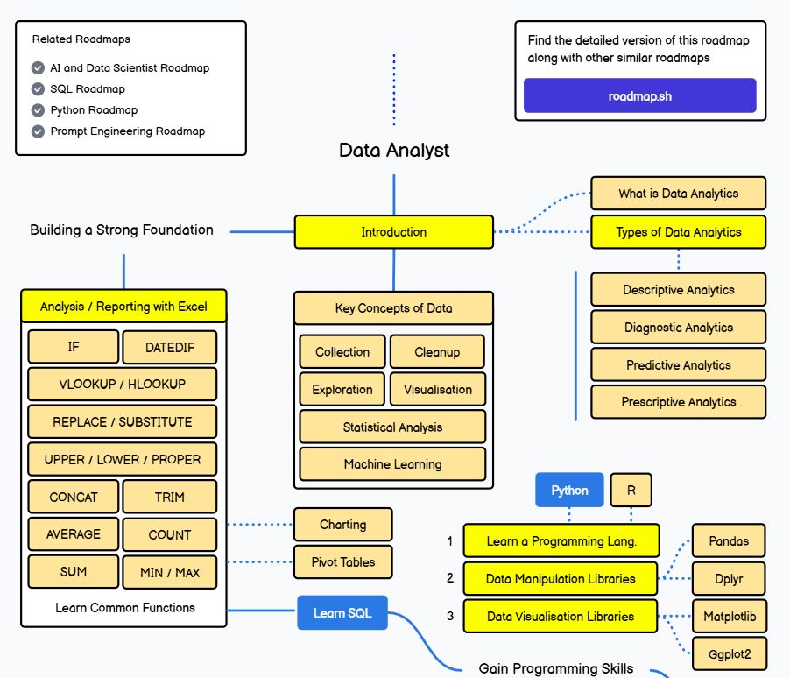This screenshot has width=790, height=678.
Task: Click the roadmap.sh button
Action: click(x=639, y=95)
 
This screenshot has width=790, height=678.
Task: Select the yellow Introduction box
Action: click(x=394, y=232)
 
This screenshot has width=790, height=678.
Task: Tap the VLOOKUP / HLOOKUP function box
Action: click(x=122, y=384)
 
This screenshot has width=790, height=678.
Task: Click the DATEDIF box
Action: click(x=169, y=347)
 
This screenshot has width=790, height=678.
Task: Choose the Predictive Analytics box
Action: click(x=678, y=364)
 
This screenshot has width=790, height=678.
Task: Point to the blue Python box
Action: click(x=569, y=490)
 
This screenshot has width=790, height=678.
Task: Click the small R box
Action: click(x=631, y=490)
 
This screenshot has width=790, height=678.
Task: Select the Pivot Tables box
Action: click(x=342, y=562)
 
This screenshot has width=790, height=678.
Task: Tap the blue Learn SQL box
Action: click(x=342, y=612)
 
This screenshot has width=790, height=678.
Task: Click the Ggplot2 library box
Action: click(x=729, y=653)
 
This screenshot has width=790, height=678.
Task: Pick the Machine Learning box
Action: click(x=392, y=464)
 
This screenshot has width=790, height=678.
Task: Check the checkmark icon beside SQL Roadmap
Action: click(x=38, y=89)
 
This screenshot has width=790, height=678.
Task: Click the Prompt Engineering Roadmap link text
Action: click(x=127, y=131)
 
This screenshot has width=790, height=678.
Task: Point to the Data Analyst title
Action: click(x=394, y=150)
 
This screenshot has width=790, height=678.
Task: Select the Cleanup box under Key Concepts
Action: click(x=436, y=351)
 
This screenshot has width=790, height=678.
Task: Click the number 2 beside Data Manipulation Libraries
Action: click(x=450, y=578)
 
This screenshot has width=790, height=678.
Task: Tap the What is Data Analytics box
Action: click(x=678, y=194)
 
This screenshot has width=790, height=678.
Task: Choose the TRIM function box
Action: click(x=169, y=497)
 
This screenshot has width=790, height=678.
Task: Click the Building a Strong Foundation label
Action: click(x=122, y=230)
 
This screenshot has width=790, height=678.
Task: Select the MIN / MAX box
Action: click(x=169, y=572)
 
